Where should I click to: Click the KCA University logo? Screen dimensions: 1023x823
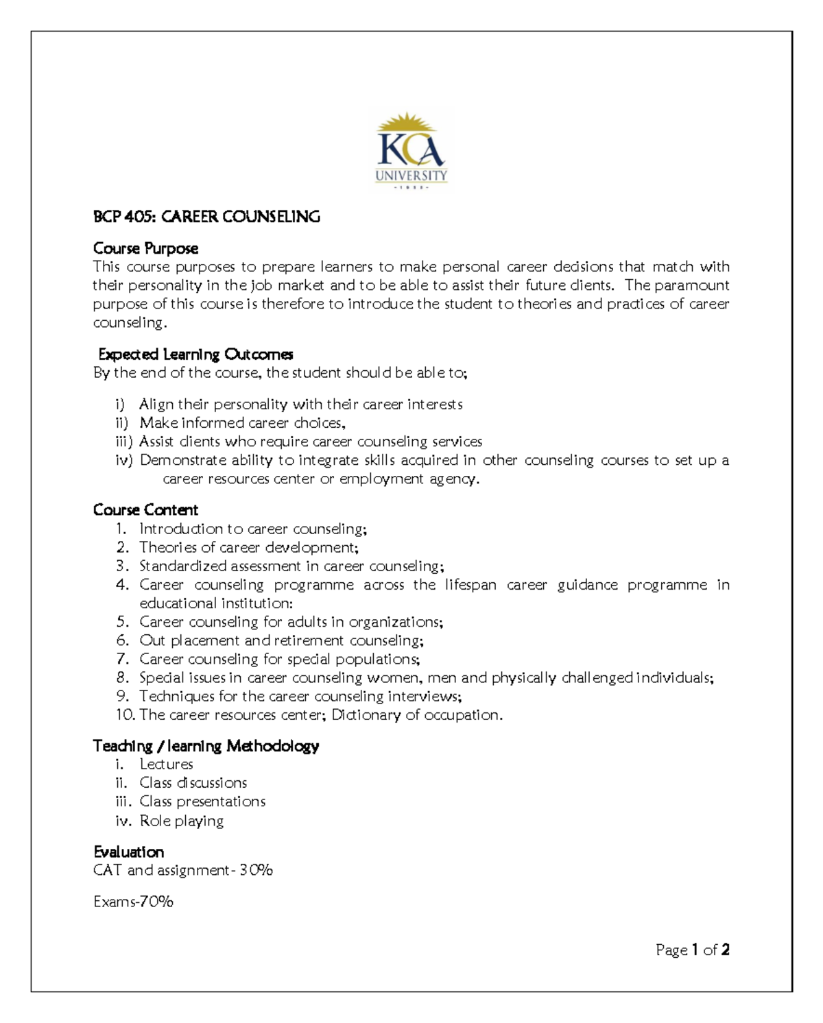[x=411, y=152]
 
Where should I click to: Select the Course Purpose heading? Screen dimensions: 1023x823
[x=145, y=248]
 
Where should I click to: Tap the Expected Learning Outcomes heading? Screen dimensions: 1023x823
[x=195, y=354]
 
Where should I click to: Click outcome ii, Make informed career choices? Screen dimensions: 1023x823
[x=242, y=423]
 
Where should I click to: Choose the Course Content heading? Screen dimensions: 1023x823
[x=145, y=510]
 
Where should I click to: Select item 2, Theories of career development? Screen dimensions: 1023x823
[x=248, y=548]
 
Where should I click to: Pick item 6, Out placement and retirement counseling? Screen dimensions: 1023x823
[x=281, y=640]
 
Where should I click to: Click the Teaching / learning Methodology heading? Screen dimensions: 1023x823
[x=206, y=746]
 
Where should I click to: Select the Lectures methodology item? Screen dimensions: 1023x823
[x=166, y=765]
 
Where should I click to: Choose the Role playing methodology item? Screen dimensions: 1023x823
[x=181, y=821]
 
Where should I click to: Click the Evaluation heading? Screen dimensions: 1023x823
[x=129, y=852]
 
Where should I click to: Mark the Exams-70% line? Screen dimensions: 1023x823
[x=133, y=902]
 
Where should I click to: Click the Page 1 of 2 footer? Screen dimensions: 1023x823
[x=692, y=950]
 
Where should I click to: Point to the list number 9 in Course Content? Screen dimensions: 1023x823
[x=122, y=697]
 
